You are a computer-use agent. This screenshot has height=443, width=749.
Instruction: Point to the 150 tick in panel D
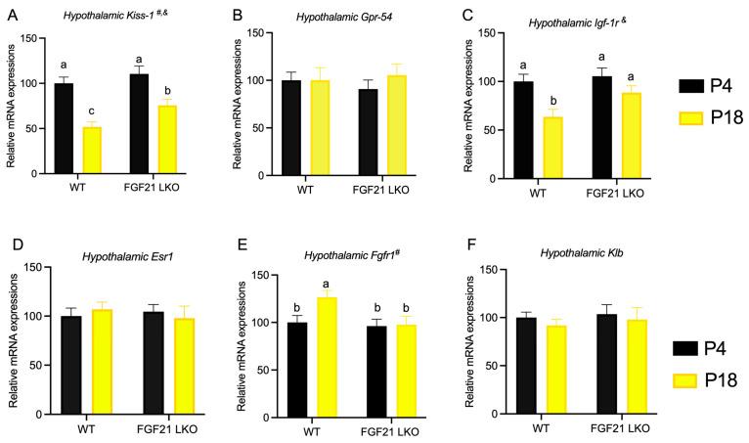pos(31,267)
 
